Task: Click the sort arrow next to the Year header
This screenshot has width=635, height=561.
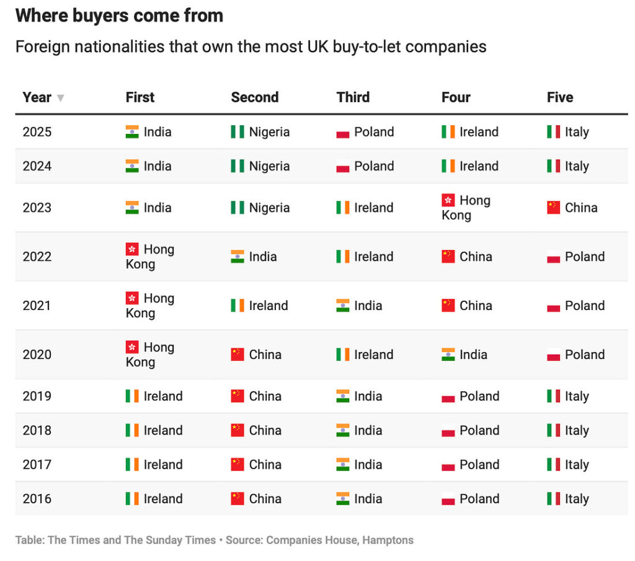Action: [60, 98]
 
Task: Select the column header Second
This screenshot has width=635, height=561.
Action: [254, 97]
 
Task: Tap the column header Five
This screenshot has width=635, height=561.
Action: [559, 97]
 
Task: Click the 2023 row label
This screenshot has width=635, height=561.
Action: [37, 208]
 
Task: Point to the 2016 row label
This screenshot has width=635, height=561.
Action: [37, 498]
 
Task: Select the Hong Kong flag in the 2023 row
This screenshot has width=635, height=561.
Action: [448, 200]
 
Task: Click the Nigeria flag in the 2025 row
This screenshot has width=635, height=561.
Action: [238, 132]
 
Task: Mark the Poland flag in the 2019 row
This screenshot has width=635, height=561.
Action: [448, 397]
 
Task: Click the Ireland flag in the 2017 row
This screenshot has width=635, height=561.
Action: [132, 464]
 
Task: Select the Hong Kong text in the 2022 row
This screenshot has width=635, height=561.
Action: [149, 257]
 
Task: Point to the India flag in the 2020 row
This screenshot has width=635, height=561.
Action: [448, 355]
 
